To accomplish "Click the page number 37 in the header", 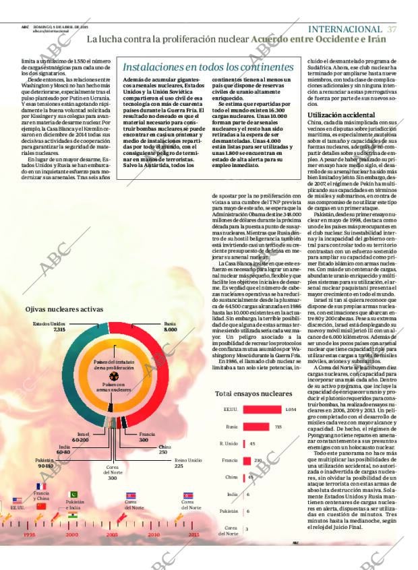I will point(392,29).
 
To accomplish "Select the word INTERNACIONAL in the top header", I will point(345,29).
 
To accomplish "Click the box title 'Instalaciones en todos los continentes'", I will point(208,67).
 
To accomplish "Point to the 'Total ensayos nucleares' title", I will point(253,393).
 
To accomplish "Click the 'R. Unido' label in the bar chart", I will point(229,444).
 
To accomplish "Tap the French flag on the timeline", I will point(41,486).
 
